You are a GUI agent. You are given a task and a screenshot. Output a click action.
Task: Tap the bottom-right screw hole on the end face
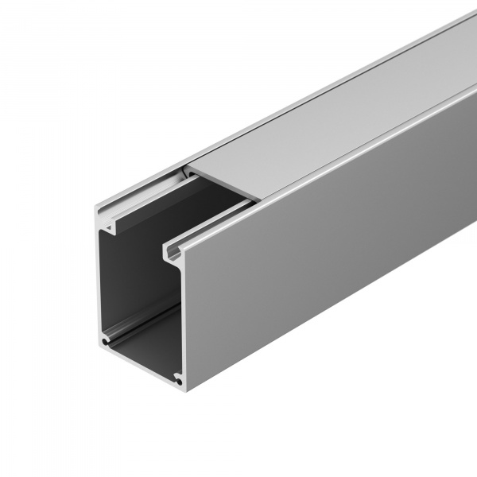(x=178, y=382)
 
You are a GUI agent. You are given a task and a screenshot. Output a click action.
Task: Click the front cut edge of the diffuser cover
(x=220, y=187)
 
